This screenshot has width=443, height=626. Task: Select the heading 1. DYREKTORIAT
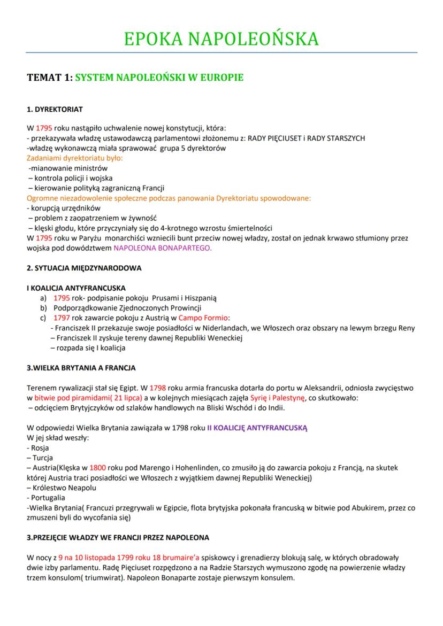(x=55, y=110)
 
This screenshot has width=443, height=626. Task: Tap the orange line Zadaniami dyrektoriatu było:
(x=74, y=158)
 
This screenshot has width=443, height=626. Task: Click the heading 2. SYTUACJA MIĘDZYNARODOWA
(x=84, y=267)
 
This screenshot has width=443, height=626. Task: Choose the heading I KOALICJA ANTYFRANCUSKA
(x=76, y=288)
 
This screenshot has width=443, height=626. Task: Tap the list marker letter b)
(x=43, y=308)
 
